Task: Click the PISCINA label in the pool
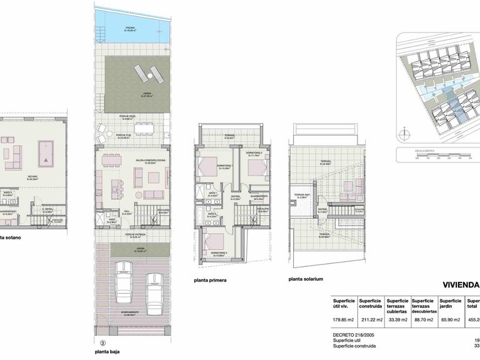[x=130, y=28]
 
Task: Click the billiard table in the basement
[x=46, y=152]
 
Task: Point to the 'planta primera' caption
[x=209, y=280]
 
